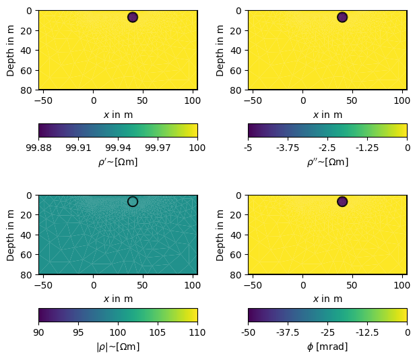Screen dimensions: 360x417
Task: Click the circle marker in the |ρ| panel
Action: [x=133, y=202]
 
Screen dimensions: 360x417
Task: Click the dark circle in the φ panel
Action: [x=342, y=202]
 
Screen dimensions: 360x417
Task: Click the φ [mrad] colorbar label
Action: [x=327, y=347]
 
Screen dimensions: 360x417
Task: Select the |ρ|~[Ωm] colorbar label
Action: [x=118, y=347]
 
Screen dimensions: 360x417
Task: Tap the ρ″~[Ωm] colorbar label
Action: [x=327, y=162]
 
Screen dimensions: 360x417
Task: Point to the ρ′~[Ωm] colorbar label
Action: [x=118, y=162]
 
